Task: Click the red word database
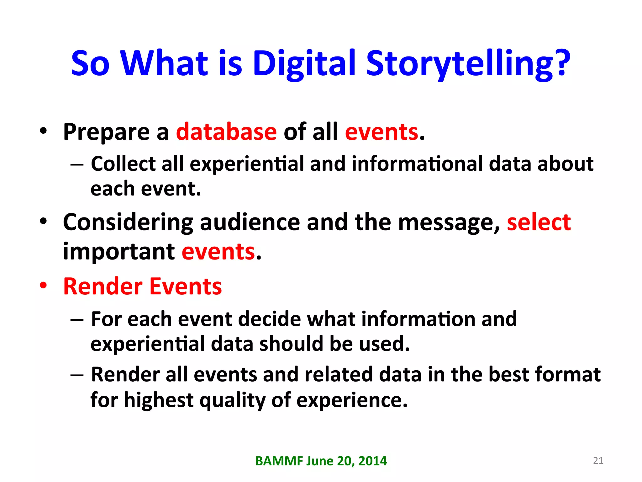[x=226, y=132]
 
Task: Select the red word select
[x=539, y=222]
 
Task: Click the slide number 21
[x=598, y=460]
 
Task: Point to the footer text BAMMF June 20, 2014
[x=321, y=461]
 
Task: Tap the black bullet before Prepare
[x=43, y=131]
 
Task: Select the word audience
[x=250, y=222]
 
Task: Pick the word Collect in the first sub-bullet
[x=123, y=163]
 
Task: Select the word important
[x=119, y=252]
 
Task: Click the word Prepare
[x=106, y=132]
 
